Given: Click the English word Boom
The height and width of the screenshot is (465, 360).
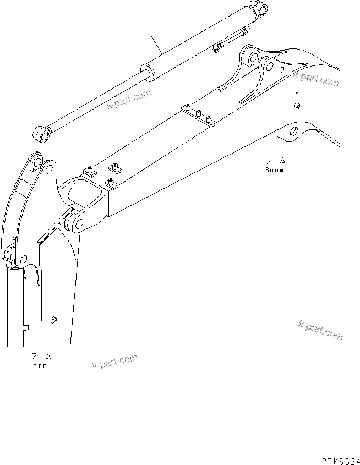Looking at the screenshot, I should [274, 170].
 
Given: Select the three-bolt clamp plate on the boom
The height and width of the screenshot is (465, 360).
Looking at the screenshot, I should [199, 117].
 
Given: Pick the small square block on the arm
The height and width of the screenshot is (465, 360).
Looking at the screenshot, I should [54, 319].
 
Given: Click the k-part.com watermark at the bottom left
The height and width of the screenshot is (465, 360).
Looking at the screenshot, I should [115, 363].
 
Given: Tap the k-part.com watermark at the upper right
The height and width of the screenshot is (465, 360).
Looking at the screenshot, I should [316, 79].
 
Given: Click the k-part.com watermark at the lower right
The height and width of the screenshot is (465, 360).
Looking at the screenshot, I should [321, 330].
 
